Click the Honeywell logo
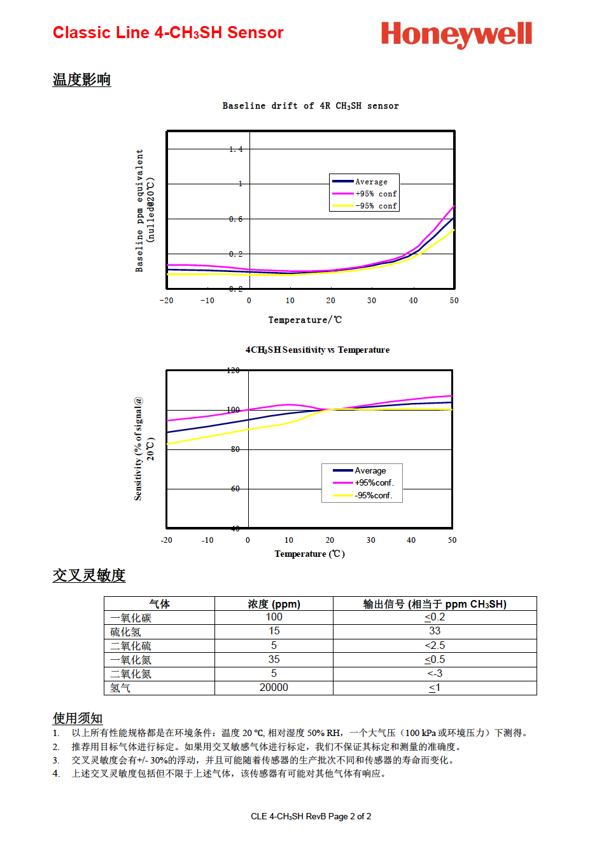pos(456,34)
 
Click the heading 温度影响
pos(81,79)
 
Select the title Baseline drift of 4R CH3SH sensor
pos(311,106)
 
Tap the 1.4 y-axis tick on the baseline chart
pos(236,149)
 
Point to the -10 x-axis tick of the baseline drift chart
pos(207,301)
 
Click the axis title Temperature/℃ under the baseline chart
pos(305,320)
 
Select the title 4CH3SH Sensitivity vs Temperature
pos(318,350)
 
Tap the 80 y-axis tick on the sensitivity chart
pos(235,449)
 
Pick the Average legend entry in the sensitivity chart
pos(359,470)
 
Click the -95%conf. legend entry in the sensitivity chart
pos(363,495)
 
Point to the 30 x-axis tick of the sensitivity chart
pos(371,540)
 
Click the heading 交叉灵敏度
pos(89,575)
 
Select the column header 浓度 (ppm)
pos(274,604)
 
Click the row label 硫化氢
pos(125,632)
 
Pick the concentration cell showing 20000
pos(274,687)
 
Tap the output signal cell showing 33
pos(435,631)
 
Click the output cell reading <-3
pos(435,674)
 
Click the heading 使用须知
pos(78,718)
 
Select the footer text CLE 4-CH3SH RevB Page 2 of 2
pos(311,817)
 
